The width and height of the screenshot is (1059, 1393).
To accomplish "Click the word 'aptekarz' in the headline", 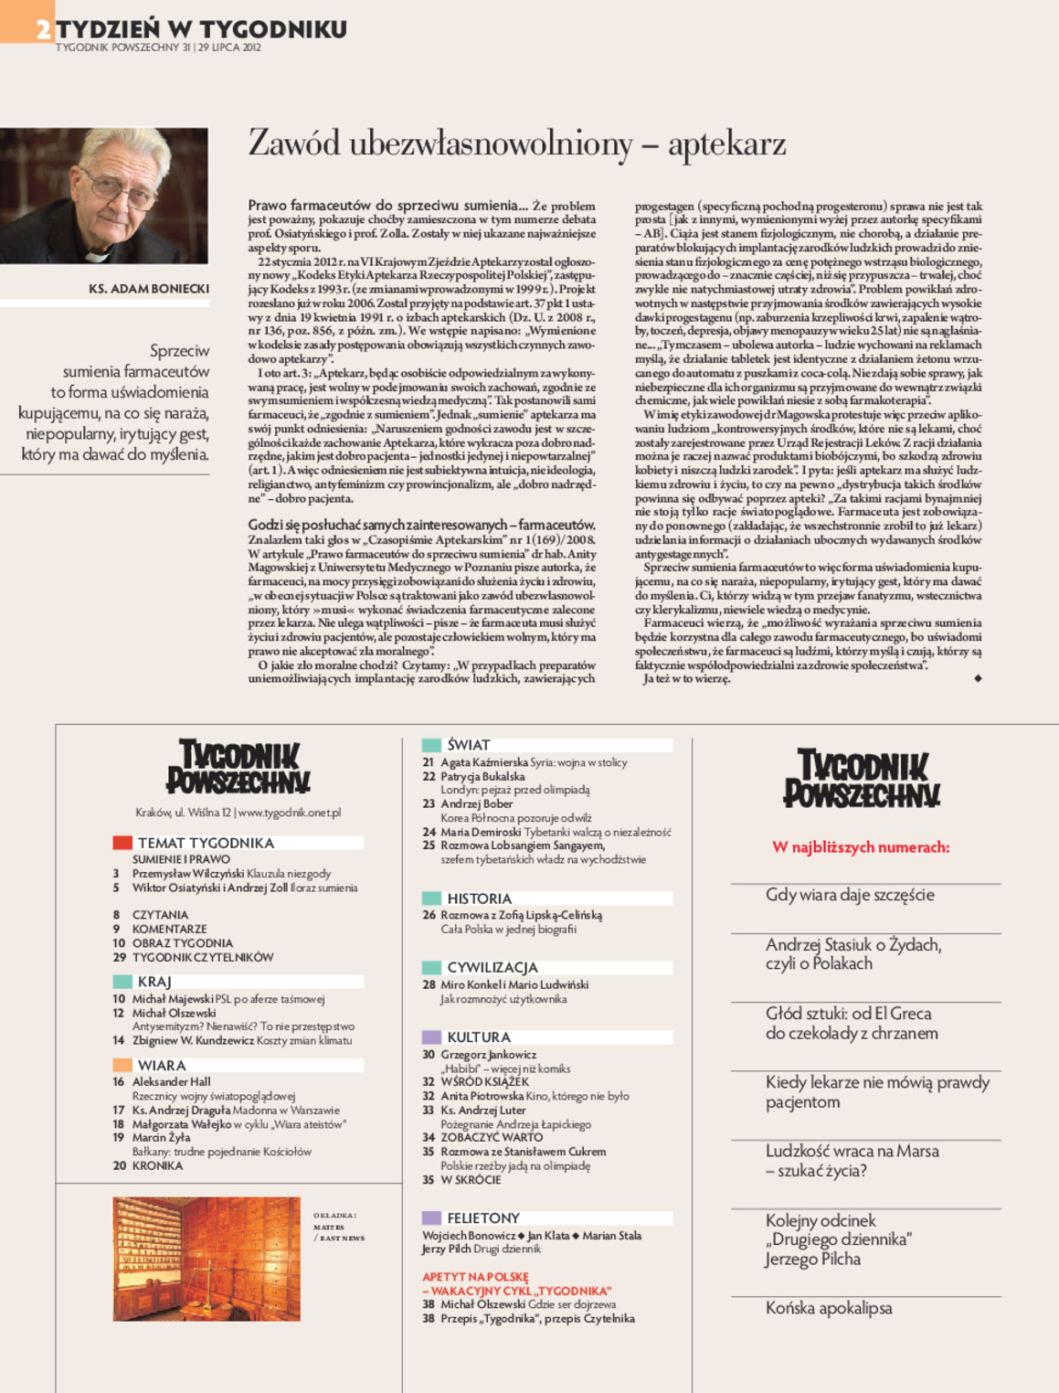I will tap(726, 144).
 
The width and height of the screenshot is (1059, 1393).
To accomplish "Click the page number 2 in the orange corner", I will tap(42, 30).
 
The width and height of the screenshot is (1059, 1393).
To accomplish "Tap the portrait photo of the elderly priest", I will tap(104, 196).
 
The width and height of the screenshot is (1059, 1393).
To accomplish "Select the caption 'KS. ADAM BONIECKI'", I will tap(149, 289).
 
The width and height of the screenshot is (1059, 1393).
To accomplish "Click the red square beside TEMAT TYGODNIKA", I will tap(122, 843).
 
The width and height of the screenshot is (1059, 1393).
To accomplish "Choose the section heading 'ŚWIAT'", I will tap(469, 745).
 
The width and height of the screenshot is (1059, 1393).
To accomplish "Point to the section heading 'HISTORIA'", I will tap(479, 899).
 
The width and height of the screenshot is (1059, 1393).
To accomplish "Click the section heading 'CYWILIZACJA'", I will tap(492, 967).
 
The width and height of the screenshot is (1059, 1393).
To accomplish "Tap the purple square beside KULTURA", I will tap(431, 1037).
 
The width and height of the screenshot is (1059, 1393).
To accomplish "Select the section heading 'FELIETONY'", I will tap(482, 1218).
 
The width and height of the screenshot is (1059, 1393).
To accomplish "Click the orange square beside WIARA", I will tap(122, 1065).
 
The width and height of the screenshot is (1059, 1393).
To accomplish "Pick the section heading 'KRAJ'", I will tap(154, 982).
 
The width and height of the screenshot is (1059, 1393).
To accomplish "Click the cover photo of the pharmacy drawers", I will tap(207, 1259).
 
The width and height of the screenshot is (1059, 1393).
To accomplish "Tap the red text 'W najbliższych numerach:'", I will tap(861, 847).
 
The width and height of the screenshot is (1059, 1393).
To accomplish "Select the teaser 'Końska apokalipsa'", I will tap(829, 1308).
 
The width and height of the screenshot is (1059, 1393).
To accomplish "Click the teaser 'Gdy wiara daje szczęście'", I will tap(850, 895).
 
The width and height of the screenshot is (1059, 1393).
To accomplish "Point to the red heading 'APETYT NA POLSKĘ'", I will tap(475, 1277).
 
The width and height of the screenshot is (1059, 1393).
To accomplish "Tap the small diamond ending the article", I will tap(978, 678).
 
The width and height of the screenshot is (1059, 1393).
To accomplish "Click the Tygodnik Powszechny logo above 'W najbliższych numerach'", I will tap(862, 779).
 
